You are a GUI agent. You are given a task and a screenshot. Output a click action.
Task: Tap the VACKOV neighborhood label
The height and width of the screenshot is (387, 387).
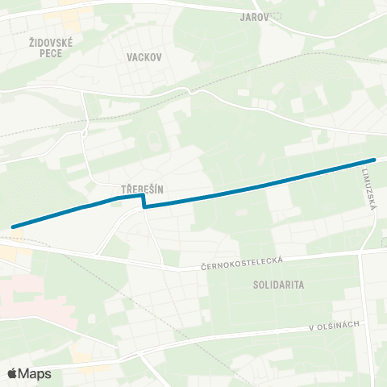tap(144, 57)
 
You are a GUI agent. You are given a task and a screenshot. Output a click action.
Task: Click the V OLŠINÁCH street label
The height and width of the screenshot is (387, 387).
tap(334, 326)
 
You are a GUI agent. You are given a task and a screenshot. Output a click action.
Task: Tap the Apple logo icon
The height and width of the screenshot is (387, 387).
tap(13, 373)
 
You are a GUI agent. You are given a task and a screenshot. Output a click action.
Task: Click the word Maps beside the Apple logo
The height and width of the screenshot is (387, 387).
tap(35, 373)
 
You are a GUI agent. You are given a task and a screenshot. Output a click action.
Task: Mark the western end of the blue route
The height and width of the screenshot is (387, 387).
tap(14, 227)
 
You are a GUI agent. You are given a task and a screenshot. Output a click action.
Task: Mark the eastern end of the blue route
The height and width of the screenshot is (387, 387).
tap(374, 160)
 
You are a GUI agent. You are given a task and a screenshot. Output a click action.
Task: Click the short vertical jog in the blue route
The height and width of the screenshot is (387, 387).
tap(144, 201)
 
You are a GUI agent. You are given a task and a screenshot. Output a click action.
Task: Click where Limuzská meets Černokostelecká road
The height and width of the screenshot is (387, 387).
tap(360, 251)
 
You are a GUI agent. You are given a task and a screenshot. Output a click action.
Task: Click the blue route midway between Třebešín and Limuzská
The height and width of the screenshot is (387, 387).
tap(258, 185)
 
